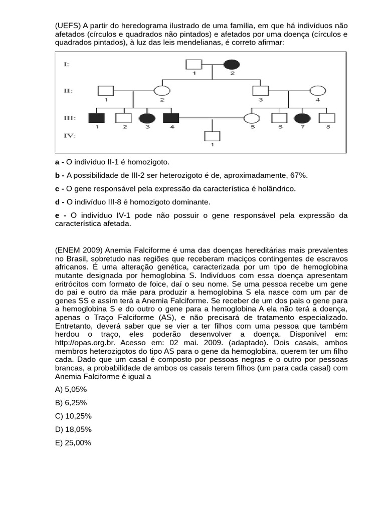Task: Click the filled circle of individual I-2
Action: pos(231,65)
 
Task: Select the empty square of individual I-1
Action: pos(194,65)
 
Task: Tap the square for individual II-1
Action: pos(105,91)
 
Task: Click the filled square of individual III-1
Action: pos(96,118)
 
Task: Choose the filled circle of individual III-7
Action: pos(303,118)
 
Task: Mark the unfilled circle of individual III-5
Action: pos(251,118)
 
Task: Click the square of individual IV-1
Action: pos(212,136)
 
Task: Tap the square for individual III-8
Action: pos(327,118)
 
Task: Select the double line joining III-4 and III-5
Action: pos(211,118)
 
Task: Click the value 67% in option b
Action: pos(298,175)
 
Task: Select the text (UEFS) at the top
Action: pos(68,26)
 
